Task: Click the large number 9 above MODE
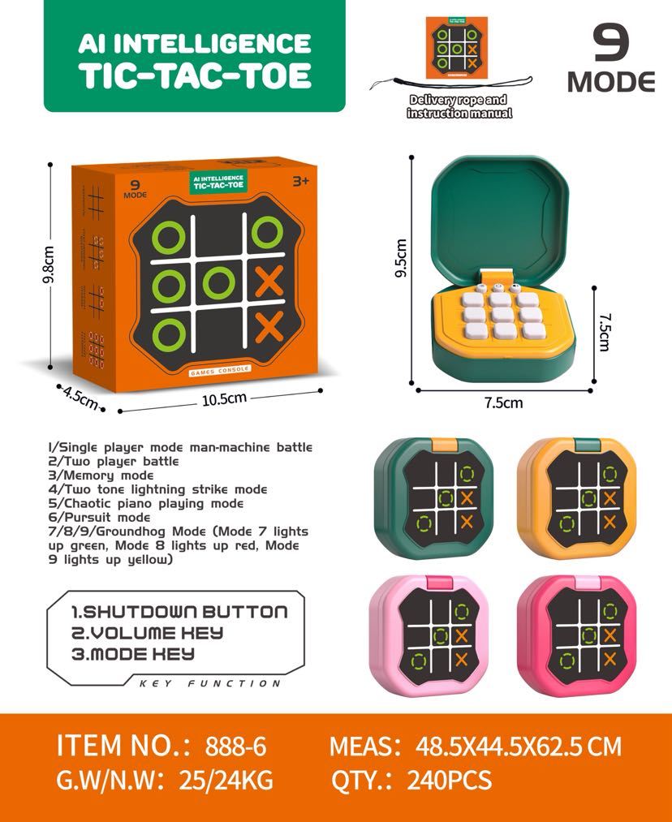610,42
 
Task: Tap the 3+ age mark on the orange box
301,182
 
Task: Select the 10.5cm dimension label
224,399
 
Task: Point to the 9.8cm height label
48,265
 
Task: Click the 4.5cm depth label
80,397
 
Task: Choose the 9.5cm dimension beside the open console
401,258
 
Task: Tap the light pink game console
429,635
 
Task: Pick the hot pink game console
576,635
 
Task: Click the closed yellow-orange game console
576,498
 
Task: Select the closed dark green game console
433,498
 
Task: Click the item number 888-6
236,746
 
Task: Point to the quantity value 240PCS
450,780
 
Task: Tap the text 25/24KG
226,780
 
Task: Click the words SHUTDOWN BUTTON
186,612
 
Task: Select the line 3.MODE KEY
133,654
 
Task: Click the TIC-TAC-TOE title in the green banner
195,75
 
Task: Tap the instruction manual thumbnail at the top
457,48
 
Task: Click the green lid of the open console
500,217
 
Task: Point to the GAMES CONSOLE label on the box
220,370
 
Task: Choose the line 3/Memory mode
101,476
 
